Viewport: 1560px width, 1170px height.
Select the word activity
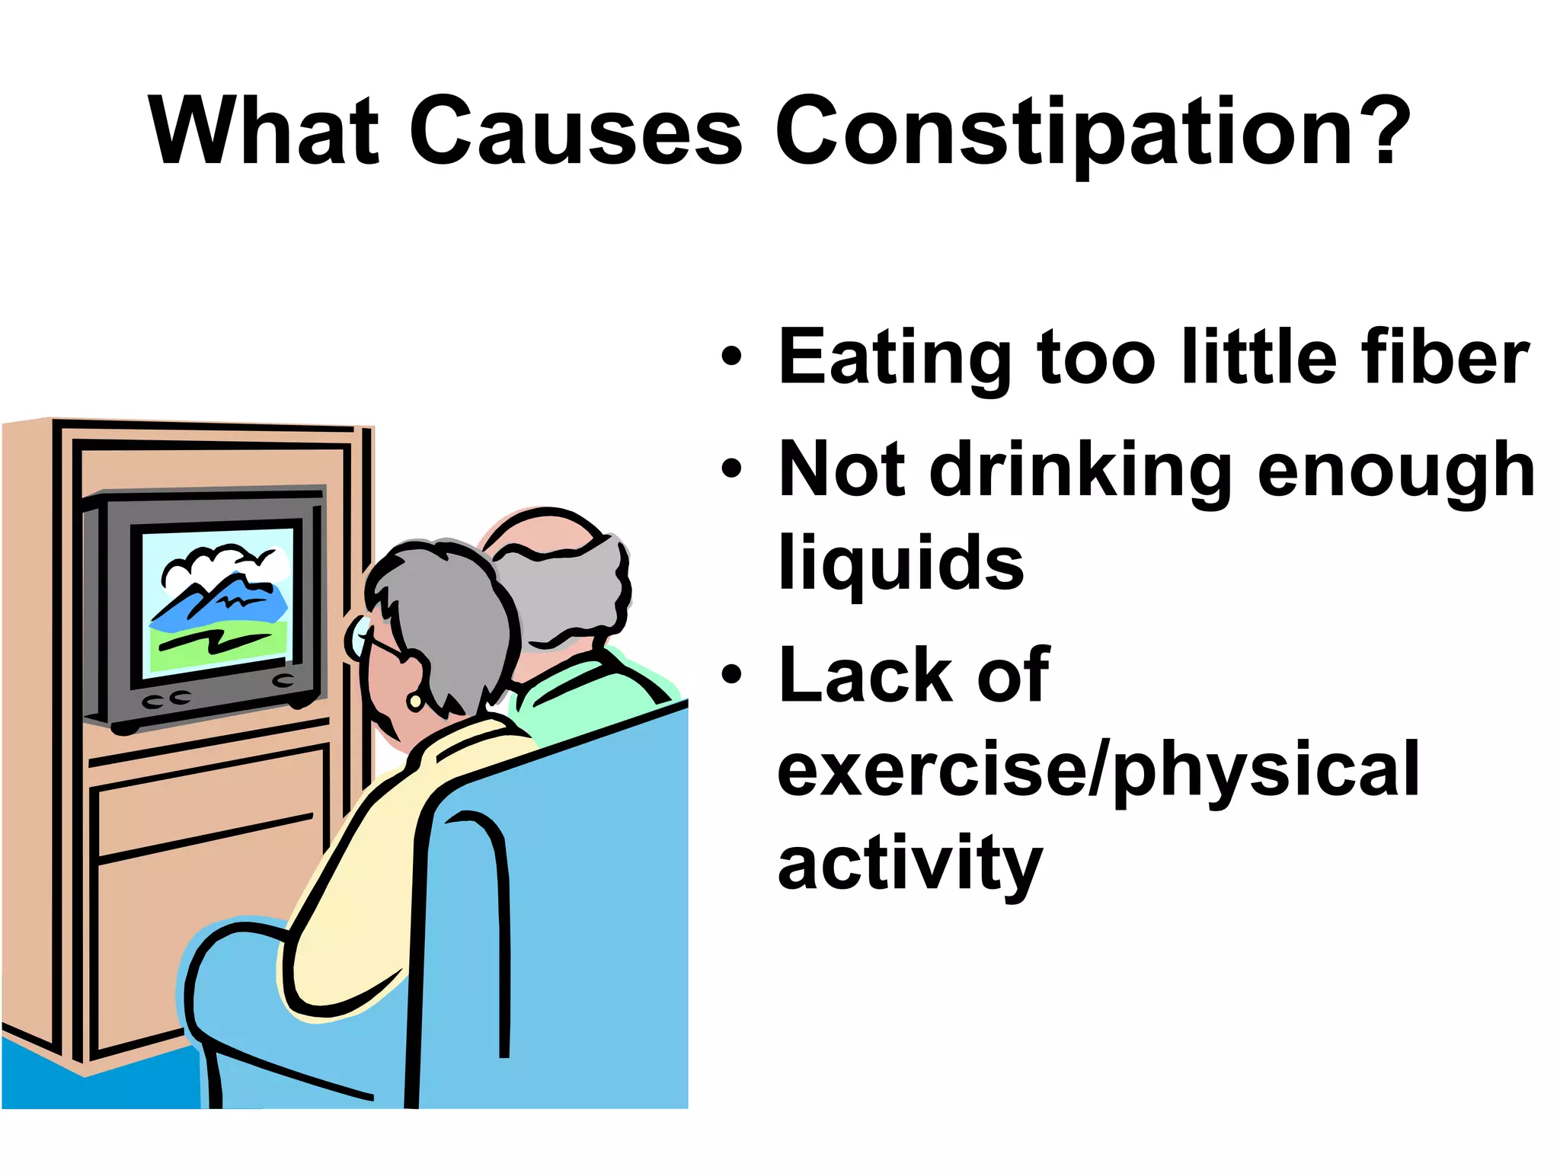point(909,865)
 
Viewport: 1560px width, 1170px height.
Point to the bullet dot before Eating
point(731,356)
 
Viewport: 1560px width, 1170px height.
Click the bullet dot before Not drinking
point(731,469)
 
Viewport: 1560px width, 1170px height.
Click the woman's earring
point(415,700)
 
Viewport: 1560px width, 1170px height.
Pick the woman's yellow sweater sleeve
point(343,914)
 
